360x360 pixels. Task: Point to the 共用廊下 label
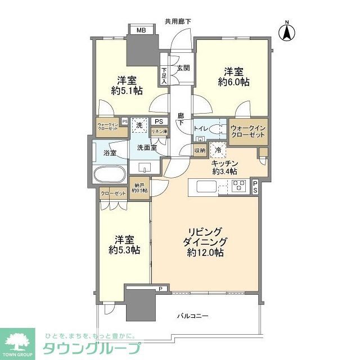coord(178,21)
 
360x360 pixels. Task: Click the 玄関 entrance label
coord(183,68)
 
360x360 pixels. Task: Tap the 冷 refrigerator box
coord(218,150)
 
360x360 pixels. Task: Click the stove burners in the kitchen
coord(239,185)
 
